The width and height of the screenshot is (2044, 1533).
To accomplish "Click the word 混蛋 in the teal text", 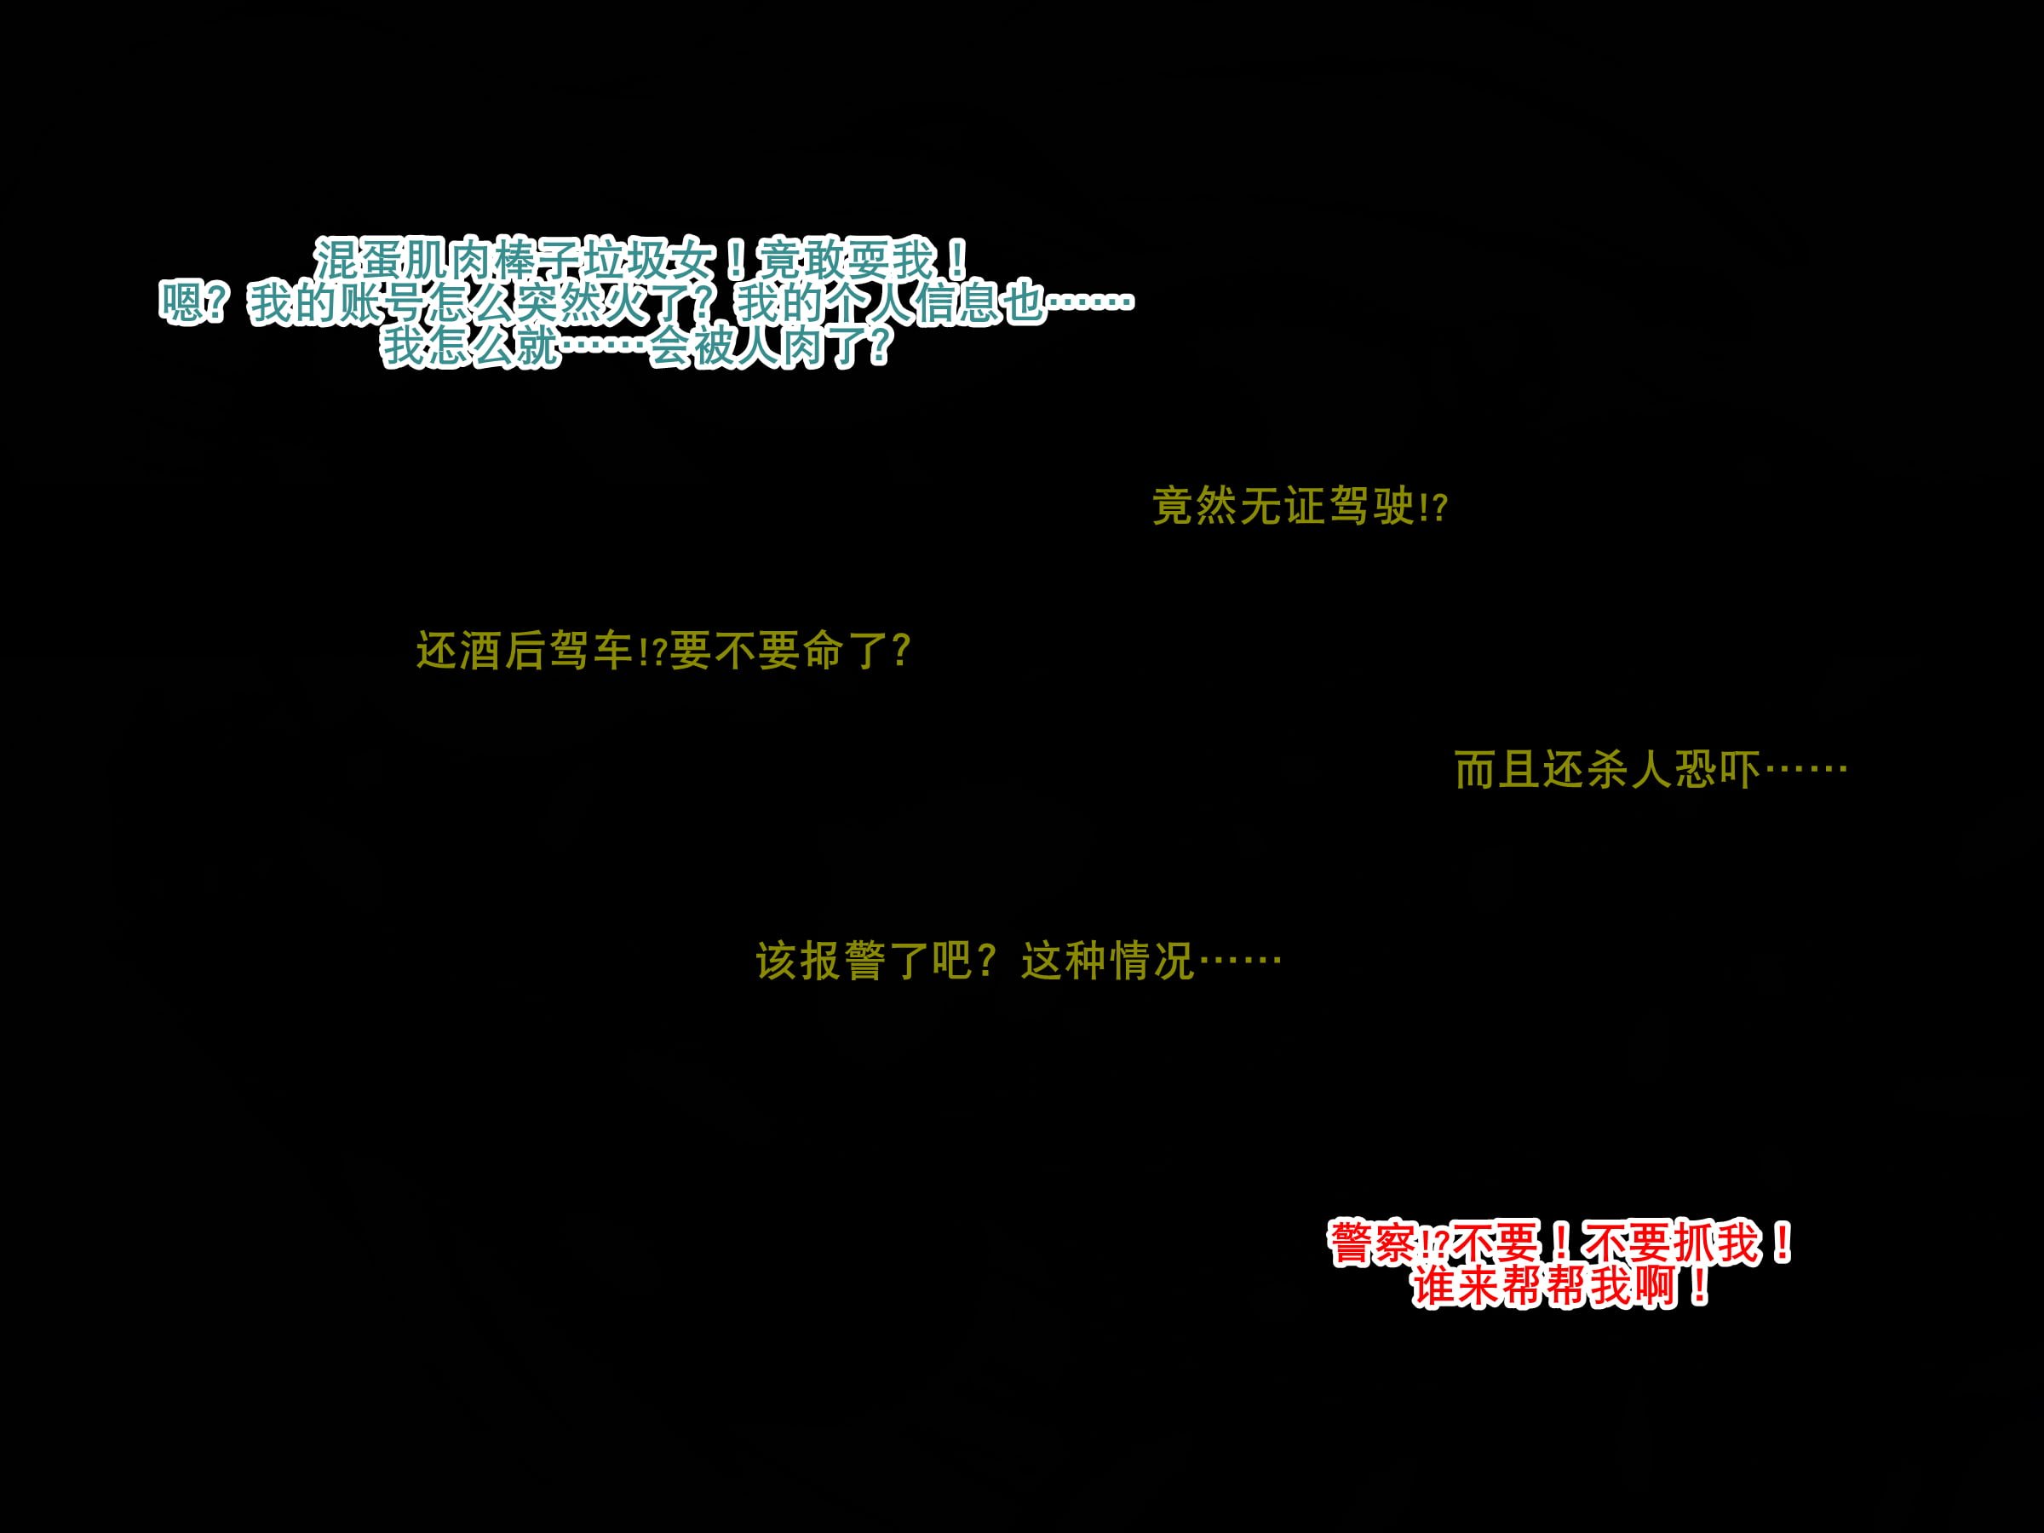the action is coord(359,260).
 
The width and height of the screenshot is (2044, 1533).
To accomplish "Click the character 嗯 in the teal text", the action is coord(182,303).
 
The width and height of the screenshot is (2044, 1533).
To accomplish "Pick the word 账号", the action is coord(380,303).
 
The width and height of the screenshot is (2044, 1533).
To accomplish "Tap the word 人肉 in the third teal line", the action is coord(780,347).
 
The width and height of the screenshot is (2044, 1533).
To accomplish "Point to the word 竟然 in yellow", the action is coord(1196,507).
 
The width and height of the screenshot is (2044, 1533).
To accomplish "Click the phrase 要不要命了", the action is coord(779,651).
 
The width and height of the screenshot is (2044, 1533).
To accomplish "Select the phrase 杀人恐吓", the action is coord(1673,770).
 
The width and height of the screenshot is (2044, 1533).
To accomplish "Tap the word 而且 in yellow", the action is coord(1498,770).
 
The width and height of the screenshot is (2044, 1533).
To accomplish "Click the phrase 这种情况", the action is coord(1109,961).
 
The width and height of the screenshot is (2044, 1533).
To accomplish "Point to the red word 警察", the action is coord(1374,1243).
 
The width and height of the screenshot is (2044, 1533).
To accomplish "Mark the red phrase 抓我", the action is coord(1717,1243).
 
